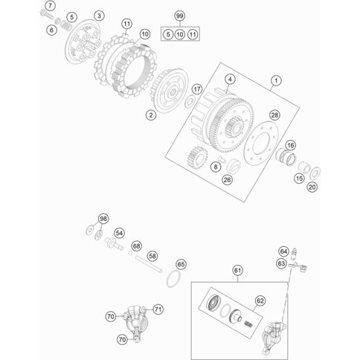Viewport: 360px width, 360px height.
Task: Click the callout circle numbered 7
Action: (51, 5)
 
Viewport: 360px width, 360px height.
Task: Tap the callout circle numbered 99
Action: (180, 16)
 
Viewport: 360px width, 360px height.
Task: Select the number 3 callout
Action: (99, 16)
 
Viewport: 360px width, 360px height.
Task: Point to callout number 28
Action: (274, 115)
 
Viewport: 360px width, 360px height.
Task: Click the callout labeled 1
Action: (276, 81)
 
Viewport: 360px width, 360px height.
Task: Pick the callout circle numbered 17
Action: (197, 89)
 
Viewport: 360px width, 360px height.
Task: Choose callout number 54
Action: (120, 234)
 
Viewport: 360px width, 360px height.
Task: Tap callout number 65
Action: (181, 265)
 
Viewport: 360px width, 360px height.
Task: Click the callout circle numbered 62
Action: (260, 300)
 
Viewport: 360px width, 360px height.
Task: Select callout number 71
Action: (158, 309)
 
